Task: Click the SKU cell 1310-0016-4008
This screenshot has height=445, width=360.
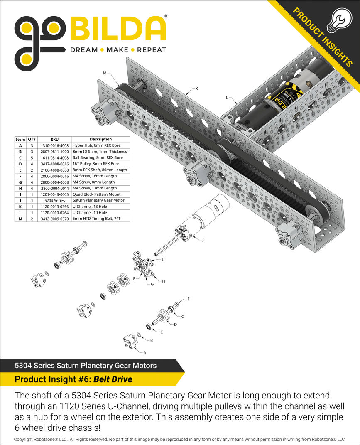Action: (x=55, y=146)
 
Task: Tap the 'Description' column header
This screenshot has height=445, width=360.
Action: (x=100, y=140)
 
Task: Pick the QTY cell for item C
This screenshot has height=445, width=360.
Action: (x=32, y=158)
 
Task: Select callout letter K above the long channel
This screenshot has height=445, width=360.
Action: (x=197, y=89)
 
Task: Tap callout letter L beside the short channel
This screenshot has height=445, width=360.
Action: (x=227, y=98)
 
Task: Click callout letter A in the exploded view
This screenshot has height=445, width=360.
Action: (x=145, y=352)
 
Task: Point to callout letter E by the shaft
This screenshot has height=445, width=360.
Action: (x=189, y=299)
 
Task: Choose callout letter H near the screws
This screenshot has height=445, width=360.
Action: (x=164, y=281)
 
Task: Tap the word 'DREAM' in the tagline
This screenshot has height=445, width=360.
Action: (x=83, y=50)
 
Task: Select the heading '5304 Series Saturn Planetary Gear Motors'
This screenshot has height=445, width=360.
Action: (x=86, y=366)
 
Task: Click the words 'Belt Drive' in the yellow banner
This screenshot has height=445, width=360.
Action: (x=113, y=379)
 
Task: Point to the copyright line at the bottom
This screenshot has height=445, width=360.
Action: (x=180, y=439)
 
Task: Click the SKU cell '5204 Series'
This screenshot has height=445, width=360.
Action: (x=55, y=200)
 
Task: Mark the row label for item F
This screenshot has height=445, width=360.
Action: (x=20, y=176)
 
